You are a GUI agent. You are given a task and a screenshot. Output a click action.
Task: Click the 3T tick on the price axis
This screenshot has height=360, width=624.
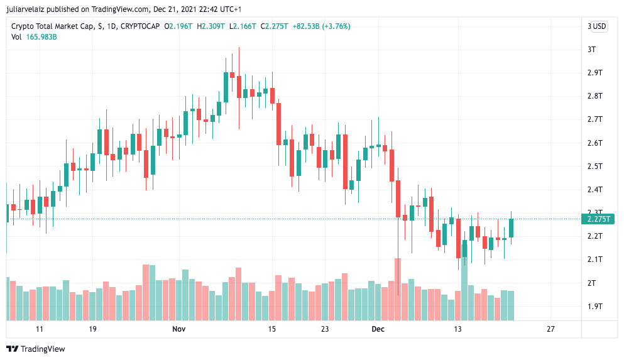coord(591,50)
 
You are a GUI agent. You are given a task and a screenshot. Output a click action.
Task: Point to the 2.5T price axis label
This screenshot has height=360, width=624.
coord(594,166)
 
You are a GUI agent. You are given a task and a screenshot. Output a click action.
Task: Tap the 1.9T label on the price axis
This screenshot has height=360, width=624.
coord(594,307)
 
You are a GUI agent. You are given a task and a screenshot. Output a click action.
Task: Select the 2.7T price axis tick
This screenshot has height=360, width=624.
coord(594,119)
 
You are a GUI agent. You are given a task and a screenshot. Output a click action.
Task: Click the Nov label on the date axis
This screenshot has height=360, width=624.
coord(179,329)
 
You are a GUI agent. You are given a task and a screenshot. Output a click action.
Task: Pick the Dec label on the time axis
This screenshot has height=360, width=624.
coord(378,329)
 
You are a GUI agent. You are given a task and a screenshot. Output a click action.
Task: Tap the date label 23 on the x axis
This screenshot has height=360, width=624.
coord(325,329)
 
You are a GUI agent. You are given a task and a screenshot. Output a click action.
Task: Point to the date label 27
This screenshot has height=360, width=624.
coord(550,329)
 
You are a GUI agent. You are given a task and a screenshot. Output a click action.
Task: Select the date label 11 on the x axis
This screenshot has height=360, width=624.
coord(40,329)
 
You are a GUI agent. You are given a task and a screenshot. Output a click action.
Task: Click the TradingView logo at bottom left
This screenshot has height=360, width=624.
coord(36,349)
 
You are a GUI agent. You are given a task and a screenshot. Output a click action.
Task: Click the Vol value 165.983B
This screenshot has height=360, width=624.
coord(41,37)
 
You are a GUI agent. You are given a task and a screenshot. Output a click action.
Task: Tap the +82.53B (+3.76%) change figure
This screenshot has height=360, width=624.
coord(321,26)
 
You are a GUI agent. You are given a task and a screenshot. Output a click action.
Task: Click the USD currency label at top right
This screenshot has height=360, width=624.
coord(599,26)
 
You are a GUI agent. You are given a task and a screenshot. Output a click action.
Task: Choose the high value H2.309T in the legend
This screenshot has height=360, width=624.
coord(211,26)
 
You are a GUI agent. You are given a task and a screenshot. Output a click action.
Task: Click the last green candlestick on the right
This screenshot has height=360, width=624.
coord(512,228)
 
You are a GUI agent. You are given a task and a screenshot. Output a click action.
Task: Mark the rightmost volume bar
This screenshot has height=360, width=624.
coord(512,305)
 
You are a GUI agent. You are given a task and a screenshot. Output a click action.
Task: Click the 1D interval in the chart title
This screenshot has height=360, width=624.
coord(111,26)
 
